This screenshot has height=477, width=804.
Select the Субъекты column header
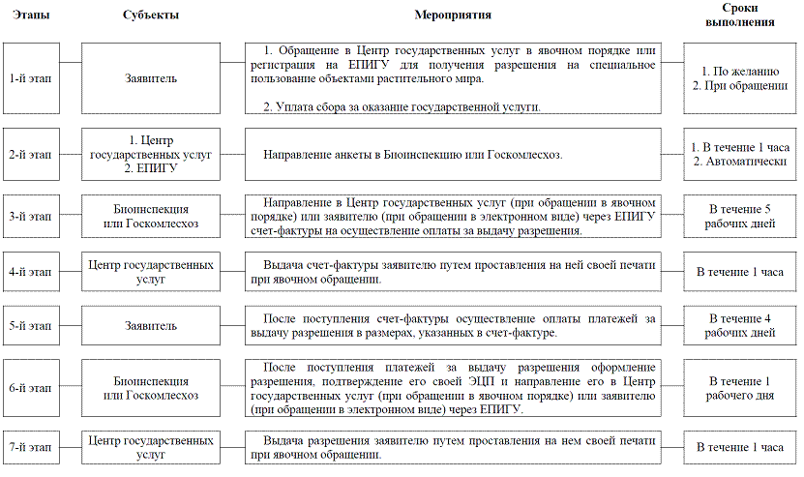tap(150, 15)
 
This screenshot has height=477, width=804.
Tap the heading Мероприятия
tap(452, 15)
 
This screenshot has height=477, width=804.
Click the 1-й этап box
tap(29, 78)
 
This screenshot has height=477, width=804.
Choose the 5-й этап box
tap(29, 326)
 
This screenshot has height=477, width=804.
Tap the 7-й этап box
tap(29, 447)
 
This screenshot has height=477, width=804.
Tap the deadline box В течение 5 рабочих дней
tap(740, 216)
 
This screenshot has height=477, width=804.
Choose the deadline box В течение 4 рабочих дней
tap(740, 326)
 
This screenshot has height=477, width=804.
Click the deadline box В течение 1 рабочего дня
tap(740, 388)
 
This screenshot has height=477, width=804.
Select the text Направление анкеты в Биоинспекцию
tap(412, 154)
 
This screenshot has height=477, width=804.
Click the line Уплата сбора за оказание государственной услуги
tap(402, 106)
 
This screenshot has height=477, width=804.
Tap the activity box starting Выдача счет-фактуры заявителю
tap(452, 271)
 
